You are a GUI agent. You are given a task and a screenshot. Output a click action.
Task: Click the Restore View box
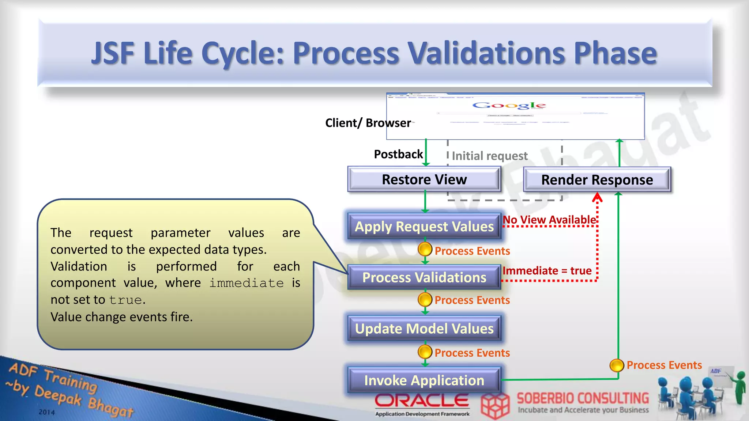(x=424, y=179)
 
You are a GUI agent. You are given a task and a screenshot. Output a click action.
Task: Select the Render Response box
(x=597, y=180)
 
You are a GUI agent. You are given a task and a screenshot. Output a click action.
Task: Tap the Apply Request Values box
(x=424, y=227)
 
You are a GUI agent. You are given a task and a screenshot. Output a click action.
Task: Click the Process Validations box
(x=424, y=277)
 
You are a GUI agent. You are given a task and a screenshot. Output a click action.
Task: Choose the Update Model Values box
(x=424, y=329)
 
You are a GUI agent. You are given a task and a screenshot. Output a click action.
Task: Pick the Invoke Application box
(x=424, y=380)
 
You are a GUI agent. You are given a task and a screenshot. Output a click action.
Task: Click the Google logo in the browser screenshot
(x=509, y=106)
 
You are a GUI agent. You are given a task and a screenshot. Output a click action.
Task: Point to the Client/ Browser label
(x=368, y=123)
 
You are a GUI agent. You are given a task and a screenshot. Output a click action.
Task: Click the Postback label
(x=398, y=154)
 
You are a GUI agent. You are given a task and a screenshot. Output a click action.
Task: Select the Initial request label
(x=490, y=156)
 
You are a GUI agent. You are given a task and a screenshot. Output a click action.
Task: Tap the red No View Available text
(x=549, y=220)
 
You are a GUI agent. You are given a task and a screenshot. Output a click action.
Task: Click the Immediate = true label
(x=547, y=271)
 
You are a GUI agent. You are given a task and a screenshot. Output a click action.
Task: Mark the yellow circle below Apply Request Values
(x=425, y=250)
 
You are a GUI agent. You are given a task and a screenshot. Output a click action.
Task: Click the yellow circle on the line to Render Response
(x=617, y=365)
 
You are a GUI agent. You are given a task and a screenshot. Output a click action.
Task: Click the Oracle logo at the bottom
(x=422, y=401)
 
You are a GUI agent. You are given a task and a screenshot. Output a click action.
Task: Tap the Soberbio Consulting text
(x=583, y=398)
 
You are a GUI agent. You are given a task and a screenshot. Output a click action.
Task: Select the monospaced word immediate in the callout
(x=246, y=283)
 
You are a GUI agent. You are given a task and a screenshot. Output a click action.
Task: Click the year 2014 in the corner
(x=47, y=412)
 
